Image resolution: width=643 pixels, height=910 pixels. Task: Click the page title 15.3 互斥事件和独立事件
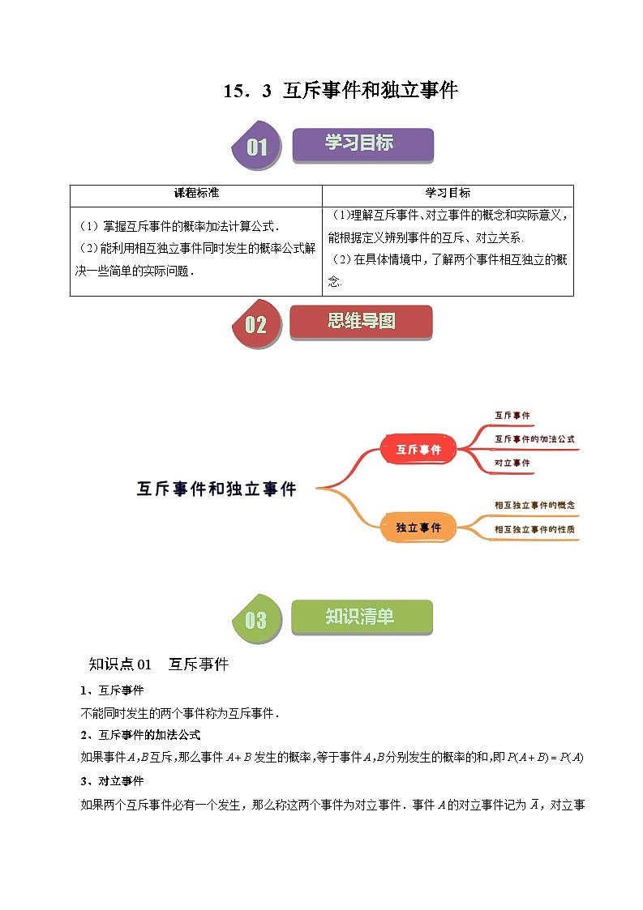tap(341, 91)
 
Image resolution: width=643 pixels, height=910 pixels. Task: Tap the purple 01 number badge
tap(256, 147)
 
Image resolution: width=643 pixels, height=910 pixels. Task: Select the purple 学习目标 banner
tap(362, 144)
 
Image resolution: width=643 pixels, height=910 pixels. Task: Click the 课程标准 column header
tap(196, 194)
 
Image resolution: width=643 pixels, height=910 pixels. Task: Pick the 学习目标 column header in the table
tap(448, 194)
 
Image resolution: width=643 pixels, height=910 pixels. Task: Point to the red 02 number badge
tap(256, 325)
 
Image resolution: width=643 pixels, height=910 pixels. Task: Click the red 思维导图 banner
tap(362, 322)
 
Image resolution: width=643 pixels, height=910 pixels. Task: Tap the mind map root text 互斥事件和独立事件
tap(216, 489)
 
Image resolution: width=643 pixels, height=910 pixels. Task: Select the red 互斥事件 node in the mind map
tap(418, 449)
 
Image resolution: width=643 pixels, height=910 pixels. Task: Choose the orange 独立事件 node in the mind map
tap(418, 528)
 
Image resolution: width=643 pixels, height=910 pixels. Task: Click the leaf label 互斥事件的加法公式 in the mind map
tap(534, 439)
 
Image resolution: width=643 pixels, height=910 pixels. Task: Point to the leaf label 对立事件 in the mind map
tap(512, 463)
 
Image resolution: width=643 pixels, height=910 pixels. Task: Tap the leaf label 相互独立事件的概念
tap(534, 505)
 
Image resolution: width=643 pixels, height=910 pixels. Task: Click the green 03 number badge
tap(256, 620)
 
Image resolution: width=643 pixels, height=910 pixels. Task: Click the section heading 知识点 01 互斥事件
tap(159, 665)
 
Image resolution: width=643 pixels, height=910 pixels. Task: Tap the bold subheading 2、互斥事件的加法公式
tap(140, 735)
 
